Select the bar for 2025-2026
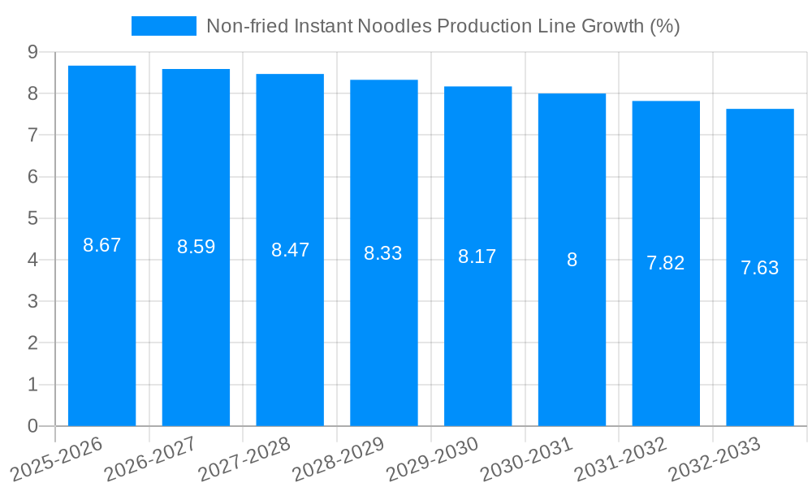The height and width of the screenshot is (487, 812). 101,325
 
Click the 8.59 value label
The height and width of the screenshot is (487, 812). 196,247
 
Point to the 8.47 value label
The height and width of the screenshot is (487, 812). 290,250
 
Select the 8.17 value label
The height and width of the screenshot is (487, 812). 477,256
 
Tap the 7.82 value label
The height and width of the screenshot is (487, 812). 666,263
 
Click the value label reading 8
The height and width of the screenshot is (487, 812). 572,260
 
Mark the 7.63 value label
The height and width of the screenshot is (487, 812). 760,268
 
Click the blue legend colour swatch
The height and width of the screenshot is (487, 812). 163,26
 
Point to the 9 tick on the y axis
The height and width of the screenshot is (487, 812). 32,52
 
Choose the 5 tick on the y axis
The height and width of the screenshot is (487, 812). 32,218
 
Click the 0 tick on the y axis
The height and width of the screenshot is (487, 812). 32,426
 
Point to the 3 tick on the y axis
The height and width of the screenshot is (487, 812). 32,301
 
